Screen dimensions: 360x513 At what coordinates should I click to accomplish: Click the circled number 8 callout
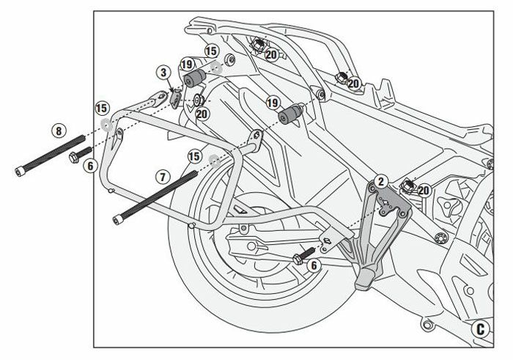tap(59, 133)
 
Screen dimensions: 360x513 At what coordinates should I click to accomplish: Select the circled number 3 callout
tap(163, 73)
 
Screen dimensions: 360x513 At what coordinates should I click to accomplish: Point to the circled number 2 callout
tap(380, 180)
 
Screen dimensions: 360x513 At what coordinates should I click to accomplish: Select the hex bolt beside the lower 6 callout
tap(301, 259)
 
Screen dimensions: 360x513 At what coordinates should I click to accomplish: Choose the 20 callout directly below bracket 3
tap(202, 114)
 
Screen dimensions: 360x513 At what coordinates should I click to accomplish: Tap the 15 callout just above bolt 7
tap(194, 155)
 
